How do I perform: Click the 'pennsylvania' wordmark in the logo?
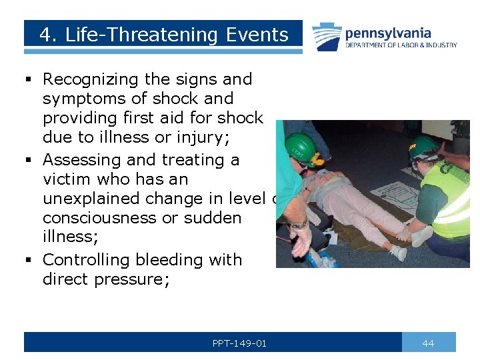coord(388,33)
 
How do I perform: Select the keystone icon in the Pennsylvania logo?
coord(327,37)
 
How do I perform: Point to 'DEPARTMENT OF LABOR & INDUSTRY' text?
coord(401,45)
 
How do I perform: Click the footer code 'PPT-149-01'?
coord(239,343)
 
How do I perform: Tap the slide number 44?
coord(428,343)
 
